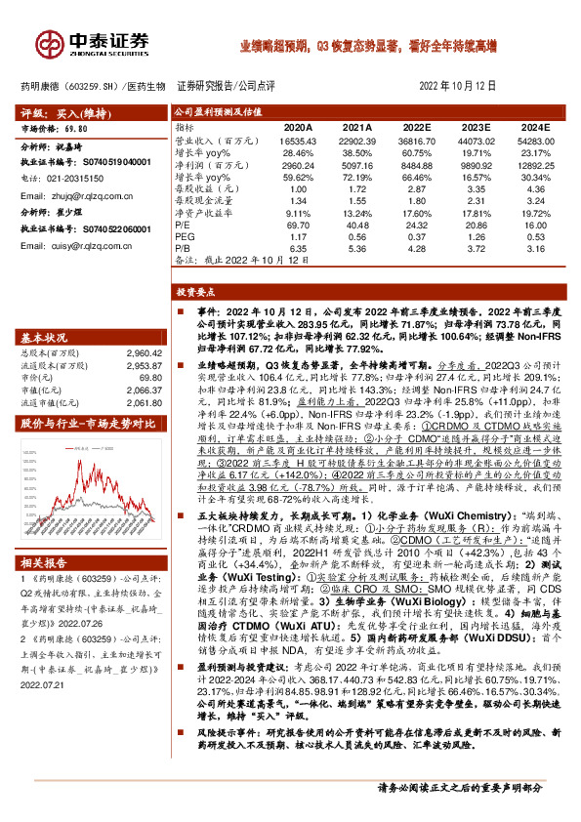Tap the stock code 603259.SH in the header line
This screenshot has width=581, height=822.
click(x=96, y=85)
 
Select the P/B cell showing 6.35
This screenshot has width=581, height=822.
click(x=299, y=250)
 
